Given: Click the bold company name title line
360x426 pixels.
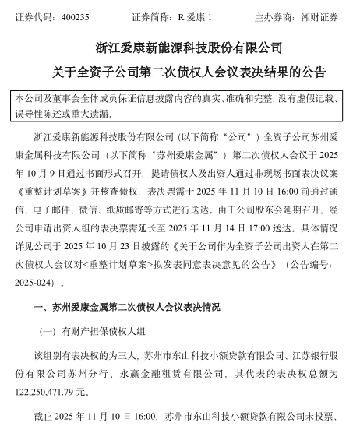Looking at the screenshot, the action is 179,49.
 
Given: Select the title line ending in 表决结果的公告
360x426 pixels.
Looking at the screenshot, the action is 179,74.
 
